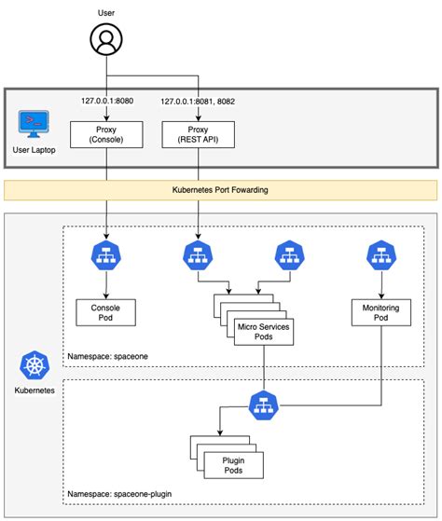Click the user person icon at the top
[105, 40]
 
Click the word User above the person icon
[105, 12]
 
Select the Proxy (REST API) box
[197, 136]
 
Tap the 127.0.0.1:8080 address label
[108, 102]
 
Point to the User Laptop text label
[35, 148]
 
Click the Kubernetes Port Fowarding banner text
[220, 189]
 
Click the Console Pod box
[105, 311]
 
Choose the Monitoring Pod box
[380, 311]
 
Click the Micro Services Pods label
[263, 330]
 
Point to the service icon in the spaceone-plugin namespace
[265, 404]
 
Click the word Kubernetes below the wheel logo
[34, 391]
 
